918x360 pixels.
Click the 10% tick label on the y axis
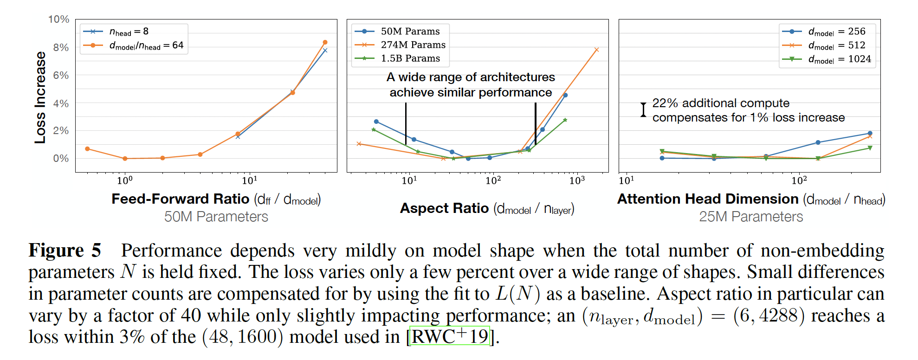coord(58,19)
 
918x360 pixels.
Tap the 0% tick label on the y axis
coord(61,159)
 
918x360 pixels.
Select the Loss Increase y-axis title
coord(40,97)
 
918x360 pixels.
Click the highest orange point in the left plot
coord(325,42)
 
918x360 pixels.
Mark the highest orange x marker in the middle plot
coord(596,50)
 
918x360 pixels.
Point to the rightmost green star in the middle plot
coord(565,120)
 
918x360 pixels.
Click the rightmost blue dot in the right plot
coord(870,133)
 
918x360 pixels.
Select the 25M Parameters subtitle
coord(750,217)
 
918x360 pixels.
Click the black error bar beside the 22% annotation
coord(643,110)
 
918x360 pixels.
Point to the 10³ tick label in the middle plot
coord(577,180)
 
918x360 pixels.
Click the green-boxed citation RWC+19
coord(449,336)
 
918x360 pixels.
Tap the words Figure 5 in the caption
coord(65,251)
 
